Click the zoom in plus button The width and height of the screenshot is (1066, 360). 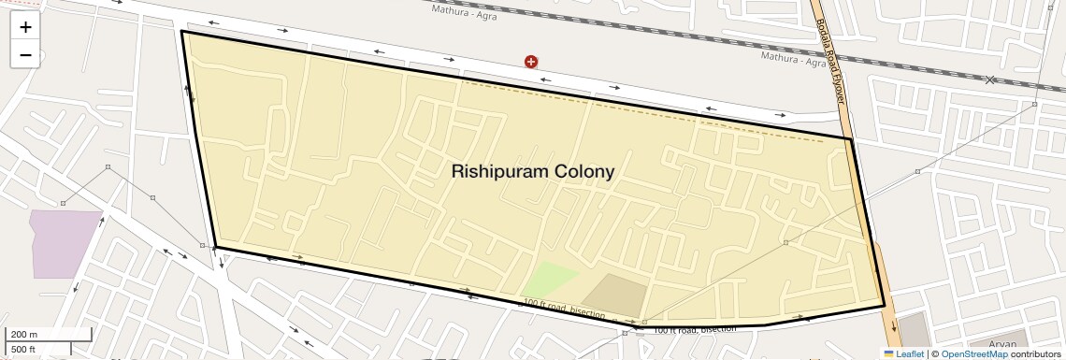point(25,28)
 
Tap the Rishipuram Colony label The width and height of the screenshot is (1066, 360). point(533,172)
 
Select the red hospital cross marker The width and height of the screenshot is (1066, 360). point(531,62)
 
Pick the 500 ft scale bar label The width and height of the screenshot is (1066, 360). point(23,349)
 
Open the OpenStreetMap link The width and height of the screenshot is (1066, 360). point(973,353)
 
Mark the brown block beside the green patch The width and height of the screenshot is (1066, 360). point(614,295)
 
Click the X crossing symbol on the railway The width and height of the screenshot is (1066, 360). point(990,79)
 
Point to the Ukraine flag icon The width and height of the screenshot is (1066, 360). point(889,353)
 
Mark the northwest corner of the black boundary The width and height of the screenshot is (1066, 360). point(181,32)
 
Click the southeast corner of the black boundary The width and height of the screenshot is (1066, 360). point(884,306)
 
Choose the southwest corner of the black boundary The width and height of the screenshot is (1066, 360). point(215,247)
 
